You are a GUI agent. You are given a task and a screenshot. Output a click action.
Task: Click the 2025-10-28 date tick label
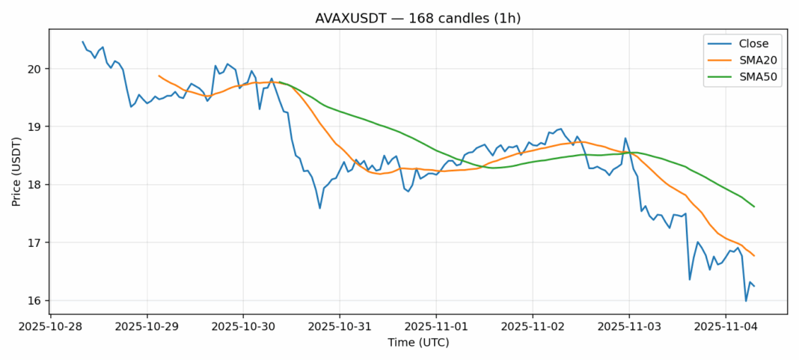pyautogui.click(x=50, y=327)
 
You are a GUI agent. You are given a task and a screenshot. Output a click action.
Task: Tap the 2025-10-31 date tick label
pyautogui.click(x=340, y=327)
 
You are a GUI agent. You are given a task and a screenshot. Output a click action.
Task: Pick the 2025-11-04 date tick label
pyautogui.click(x=725, y=327)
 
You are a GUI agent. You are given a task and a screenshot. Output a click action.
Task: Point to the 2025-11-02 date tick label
pyautogui.click(x=532, y=327)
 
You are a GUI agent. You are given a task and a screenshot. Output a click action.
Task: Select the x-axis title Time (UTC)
pyautogui.click(x=418, y=343)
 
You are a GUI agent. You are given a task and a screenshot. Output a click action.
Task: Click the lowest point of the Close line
pyautogui.click(x=745, y=301)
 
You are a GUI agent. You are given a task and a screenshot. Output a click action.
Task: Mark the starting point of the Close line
pyautogui.click(x=82, y=42)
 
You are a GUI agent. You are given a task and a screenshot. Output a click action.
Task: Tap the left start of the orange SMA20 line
pyautogui.click(x=159, y=76)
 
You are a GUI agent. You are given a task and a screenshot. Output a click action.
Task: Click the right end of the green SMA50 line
pyautogui.click(x=753, y=207)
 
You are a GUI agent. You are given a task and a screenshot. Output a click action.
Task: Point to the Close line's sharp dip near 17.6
pyautogui.click(x=319, y=207)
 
